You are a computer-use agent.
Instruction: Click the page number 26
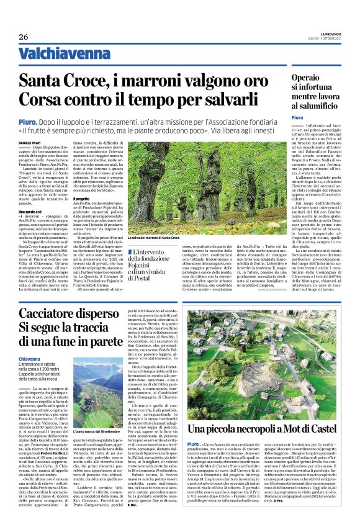(23, 36)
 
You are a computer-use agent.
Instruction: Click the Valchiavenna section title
(59, 54)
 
